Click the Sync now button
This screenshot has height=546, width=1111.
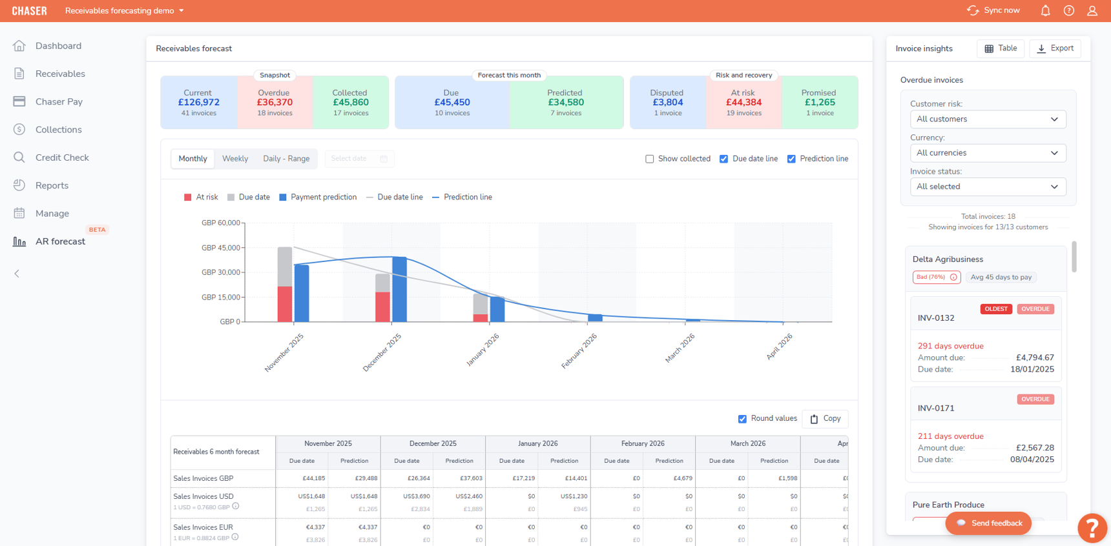[x=993, y=10]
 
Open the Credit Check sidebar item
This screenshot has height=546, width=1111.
[x=61, y=157]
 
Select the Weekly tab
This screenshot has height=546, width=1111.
[x=235, y=159]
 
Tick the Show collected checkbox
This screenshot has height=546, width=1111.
[x=650, y=159]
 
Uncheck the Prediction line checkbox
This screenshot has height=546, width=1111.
[x=791, y=159]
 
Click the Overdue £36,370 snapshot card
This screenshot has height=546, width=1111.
[x=275, y=103]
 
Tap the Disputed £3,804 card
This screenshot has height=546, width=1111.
[x=667, y=103]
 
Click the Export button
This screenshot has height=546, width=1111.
[x=1055, y=48]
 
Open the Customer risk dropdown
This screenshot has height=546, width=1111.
[x=988, y=119]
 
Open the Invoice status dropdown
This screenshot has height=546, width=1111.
[x=988, y=187]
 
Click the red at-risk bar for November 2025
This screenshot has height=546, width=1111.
[x=285, y=304]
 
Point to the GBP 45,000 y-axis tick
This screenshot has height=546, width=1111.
[x=221, y=248]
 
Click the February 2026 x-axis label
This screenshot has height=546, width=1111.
[x=579, y=351]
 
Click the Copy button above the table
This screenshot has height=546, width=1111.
[x=825, y=419]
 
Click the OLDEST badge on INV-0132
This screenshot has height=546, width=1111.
[x=995, y=309]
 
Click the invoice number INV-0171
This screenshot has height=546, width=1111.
[x=935, y=409]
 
